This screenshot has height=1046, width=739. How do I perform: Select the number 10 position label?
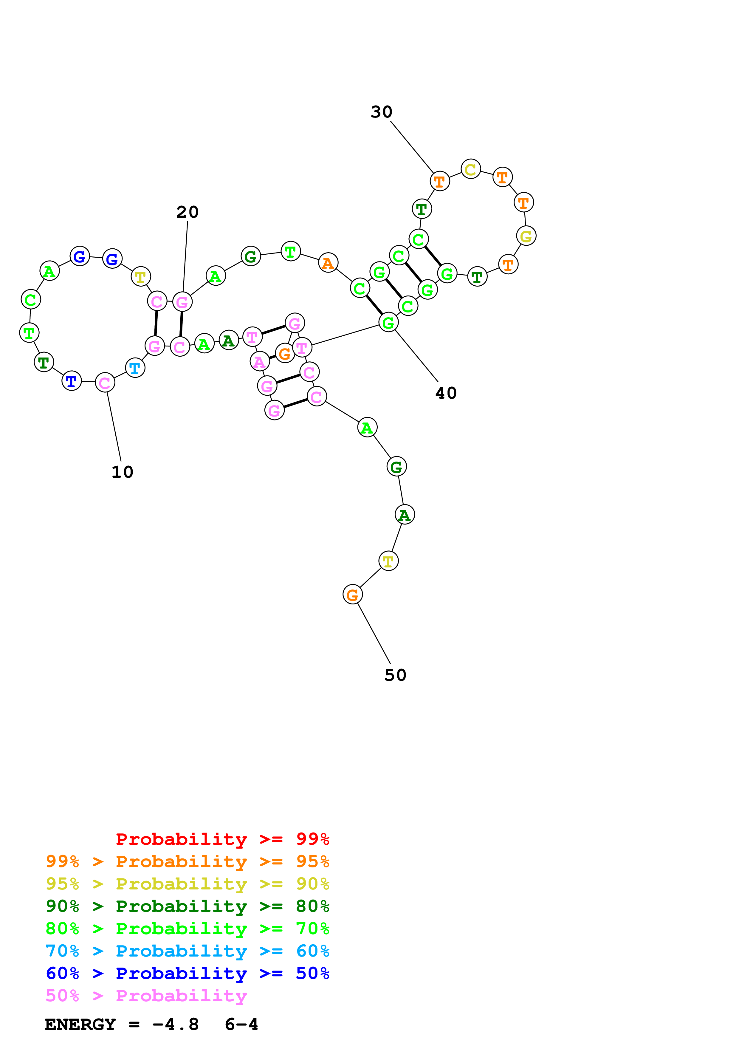[x=122, y=472]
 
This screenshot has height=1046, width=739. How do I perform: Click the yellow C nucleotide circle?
[x=470, y=169]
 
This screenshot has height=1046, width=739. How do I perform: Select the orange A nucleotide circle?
[x=328, y=263]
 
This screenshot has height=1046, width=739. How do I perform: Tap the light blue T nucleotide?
[x=135, y=368]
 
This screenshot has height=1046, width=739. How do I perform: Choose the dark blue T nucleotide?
[x=72, y=381]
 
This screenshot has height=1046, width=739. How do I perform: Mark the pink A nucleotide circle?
[x=260, y=362]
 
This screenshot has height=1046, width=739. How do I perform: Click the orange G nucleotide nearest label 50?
[x=352, y=595]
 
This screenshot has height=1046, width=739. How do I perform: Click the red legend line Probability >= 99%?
[x=222, y=839]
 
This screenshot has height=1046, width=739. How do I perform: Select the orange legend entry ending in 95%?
[x=187, y=861]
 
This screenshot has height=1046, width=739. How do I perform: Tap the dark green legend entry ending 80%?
[x=187, y=906]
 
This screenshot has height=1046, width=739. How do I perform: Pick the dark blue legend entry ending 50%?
[x=187, y=973]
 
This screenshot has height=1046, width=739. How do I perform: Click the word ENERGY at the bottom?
[x=80, y=1025]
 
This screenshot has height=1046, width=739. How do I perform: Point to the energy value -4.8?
[x=176, y=1025]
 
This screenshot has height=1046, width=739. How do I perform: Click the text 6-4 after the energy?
[x=241, y=1025]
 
